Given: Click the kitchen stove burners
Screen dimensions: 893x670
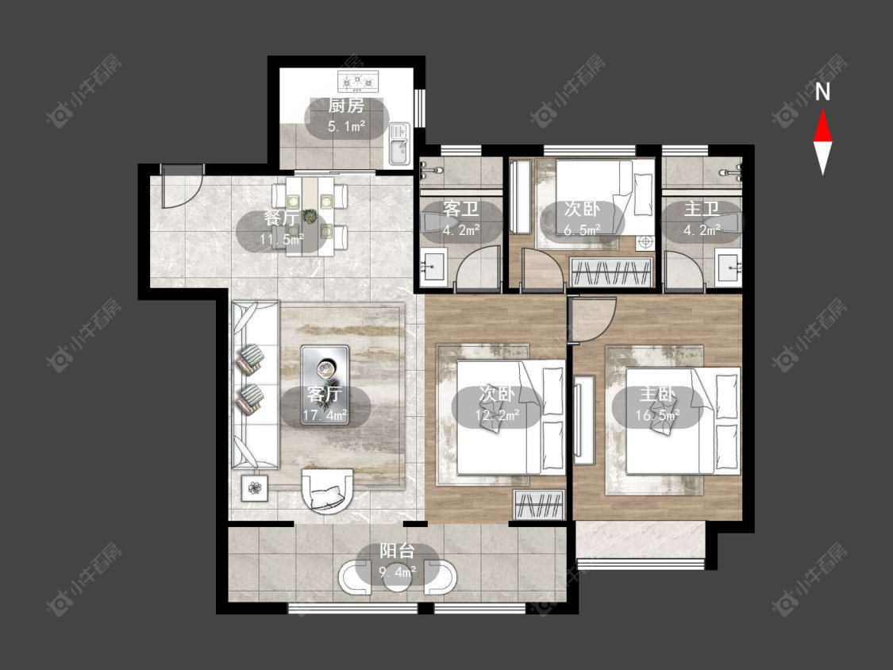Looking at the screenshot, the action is (359, 82).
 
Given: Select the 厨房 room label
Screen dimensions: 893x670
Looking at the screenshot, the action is (346, 106).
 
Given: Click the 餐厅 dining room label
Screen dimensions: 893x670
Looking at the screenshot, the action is (281, 219).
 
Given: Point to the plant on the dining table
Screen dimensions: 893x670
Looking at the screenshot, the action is (310, 217).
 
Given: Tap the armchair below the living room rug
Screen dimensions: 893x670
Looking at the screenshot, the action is (327, 491).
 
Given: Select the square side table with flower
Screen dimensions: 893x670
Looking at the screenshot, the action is (255, 487).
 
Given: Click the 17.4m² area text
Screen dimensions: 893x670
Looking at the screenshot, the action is (325, 414).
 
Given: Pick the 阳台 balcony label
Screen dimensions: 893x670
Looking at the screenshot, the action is (397, 551).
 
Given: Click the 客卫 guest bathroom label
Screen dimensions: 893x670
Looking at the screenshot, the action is (460, 209).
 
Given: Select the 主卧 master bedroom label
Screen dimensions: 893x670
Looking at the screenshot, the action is (657, 395).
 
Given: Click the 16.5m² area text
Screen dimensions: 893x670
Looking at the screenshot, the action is (657, 415).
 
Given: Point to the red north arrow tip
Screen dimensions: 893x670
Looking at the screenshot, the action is (822, 110).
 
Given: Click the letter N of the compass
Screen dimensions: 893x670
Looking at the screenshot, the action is (822, 92).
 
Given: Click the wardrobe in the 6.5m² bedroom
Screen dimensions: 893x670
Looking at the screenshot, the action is (611, 272).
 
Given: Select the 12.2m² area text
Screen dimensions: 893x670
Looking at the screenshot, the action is (497, 415).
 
